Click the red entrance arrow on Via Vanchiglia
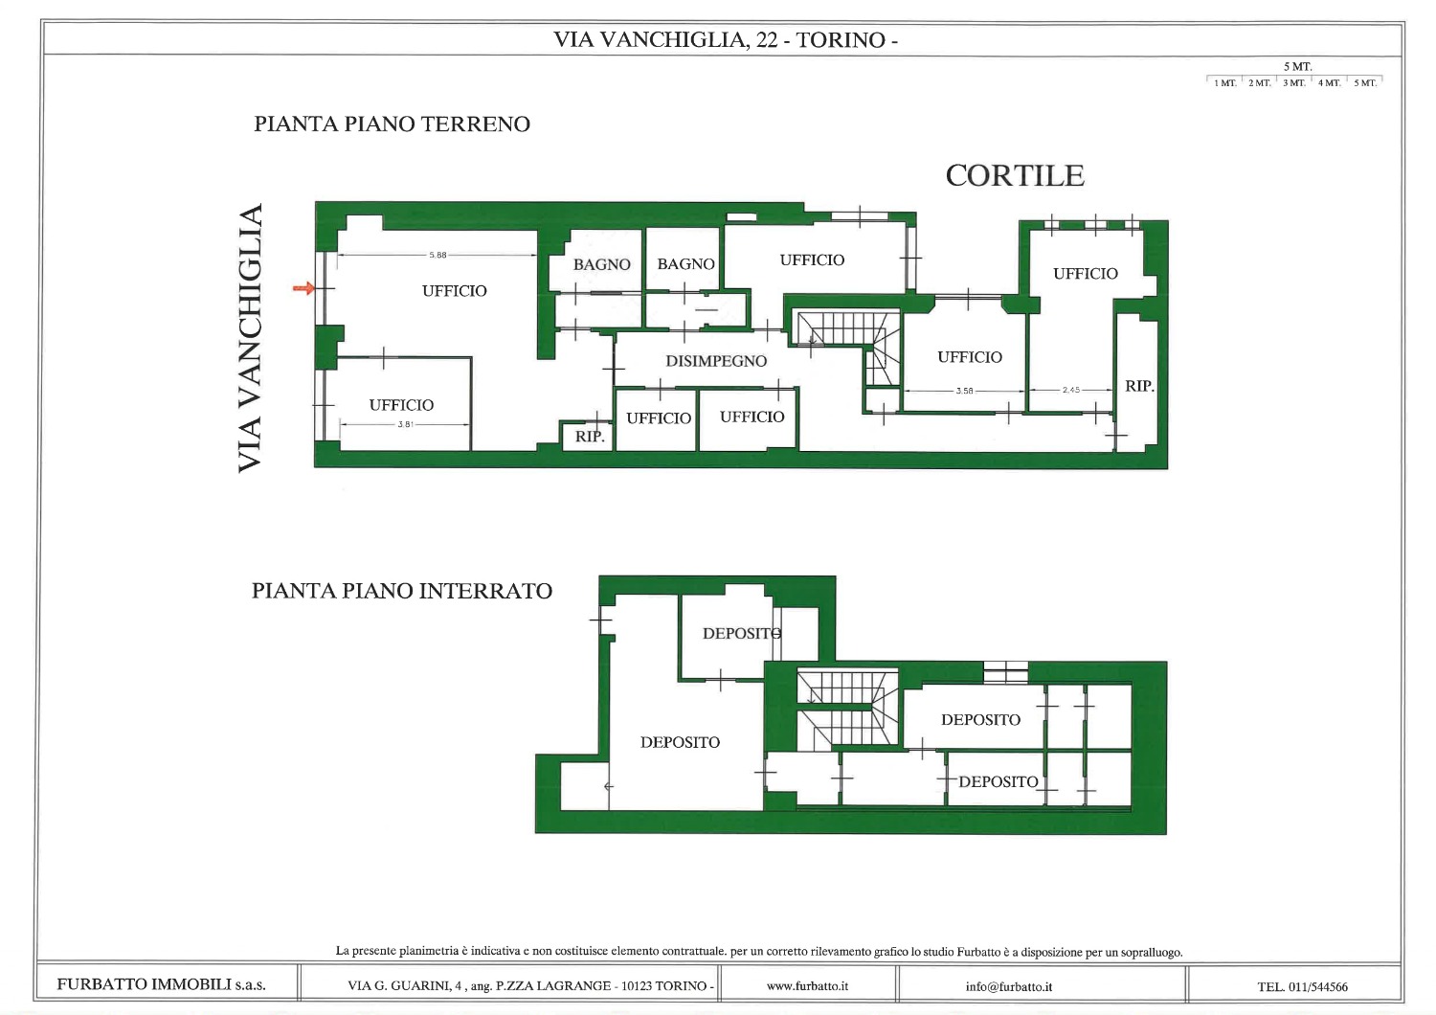(303, 288)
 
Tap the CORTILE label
(1015, 175)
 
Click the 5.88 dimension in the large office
(438, 256)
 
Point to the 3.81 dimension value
(405, 424)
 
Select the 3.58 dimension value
(964, 391)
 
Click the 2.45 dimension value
(1071, 390)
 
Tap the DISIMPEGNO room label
(716, 361)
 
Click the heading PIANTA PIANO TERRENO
(392, 124)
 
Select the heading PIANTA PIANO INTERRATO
(402, 591)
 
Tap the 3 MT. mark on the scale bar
(1293, 83)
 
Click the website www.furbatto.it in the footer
(807, 986)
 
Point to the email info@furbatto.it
(1009, 987)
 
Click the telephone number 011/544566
(1320, 987)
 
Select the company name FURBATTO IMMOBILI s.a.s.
(161, 984)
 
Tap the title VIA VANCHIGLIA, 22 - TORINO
(725, 40)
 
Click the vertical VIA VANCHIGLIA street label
(250, 339)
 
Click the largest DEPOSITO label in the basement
(680, 742)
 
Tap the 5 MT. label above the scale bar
(1297, 67)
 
